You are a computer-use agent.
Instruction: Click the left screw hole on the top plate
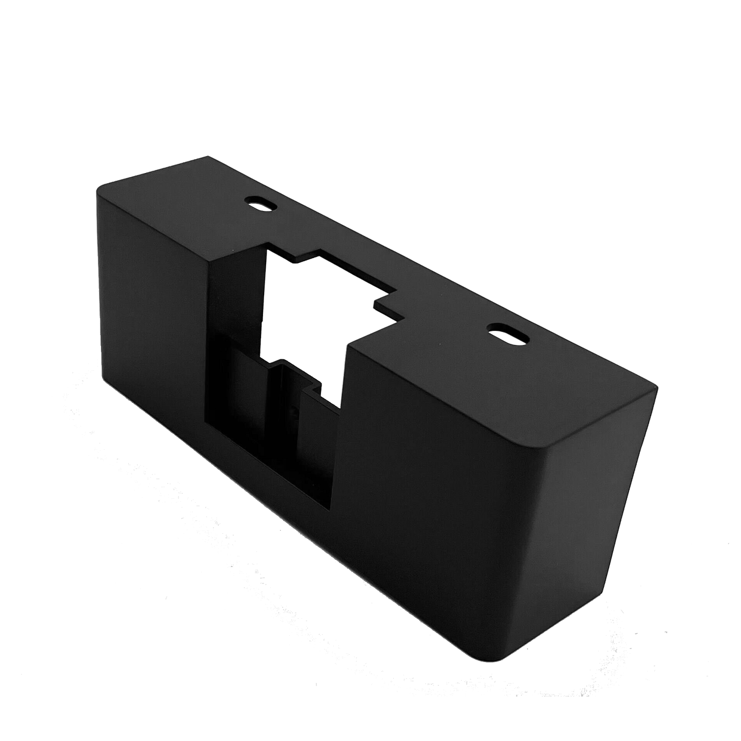[x=261, y=202]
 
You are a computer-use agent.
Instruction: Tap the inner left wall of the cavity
[x=231, y=308]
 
